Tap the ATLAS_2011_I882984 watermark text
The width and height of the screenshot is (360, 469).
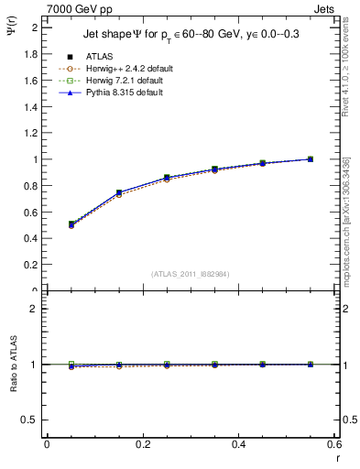click(191, 274)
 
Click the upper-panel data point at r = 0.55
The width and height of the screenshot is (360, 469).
click(311, 158)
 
